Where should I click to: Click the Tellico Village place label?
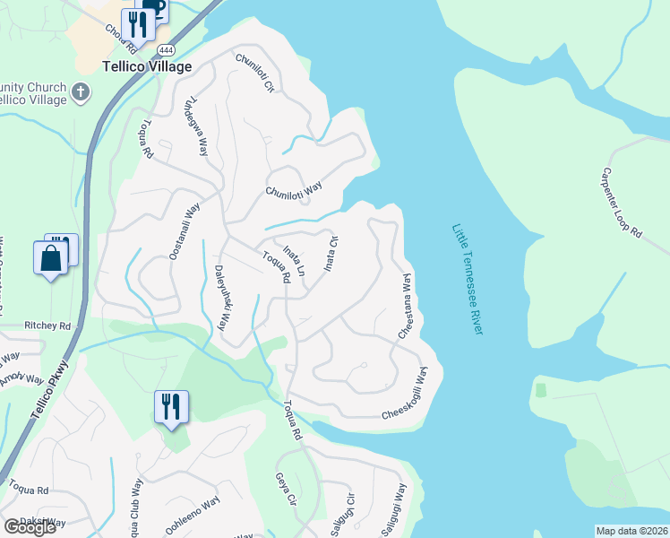[x=147, y=67]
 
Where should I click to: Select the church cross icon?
[x=81, y=91]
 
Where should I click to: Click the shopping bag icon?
[x=50, y=258]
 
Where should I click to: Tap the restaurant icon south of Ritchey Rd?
[x=169, y=406]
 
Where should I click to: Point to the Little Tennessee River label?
[x=468, y=280]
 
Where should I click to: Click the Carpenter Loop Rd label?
[x=622, y=203]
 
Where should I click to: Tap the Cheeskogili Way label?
[x=412, y=399]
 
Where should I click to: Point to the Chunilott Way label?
[x=293, y=190]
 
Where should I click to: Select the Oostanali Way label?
[x=184, y=231]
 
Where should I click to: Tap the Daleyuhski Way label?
[x=224, y=299]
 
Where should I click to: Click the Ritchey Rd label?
[x=47, y=326]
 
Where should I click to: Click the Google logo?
[x=30, y=526]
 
